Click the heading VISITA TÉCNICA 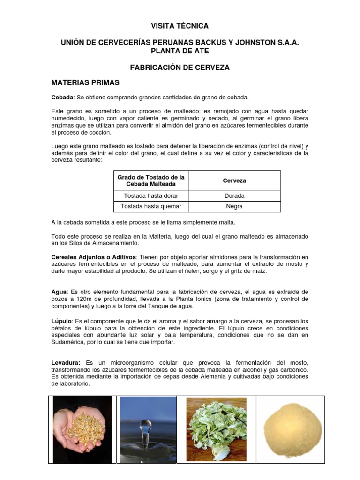[x=180, y=26]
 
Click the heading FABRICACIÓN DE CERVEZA [x=180, y=67]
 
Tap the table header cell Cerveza [x=235, y=180]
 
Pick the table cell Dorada [x=235, y=196]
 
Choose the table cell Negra [x=235, y=206]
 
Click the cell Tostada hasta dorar [x=150, y=196]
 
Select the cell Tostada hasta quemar [x=150, y=206]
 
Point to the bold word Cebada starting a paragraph [x=62, y=97]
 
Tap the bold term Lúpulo [x=61, y=321]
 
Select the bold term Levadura [x=66, y=363]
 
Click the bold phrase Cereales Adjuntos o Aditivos [x=94, y=257]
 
